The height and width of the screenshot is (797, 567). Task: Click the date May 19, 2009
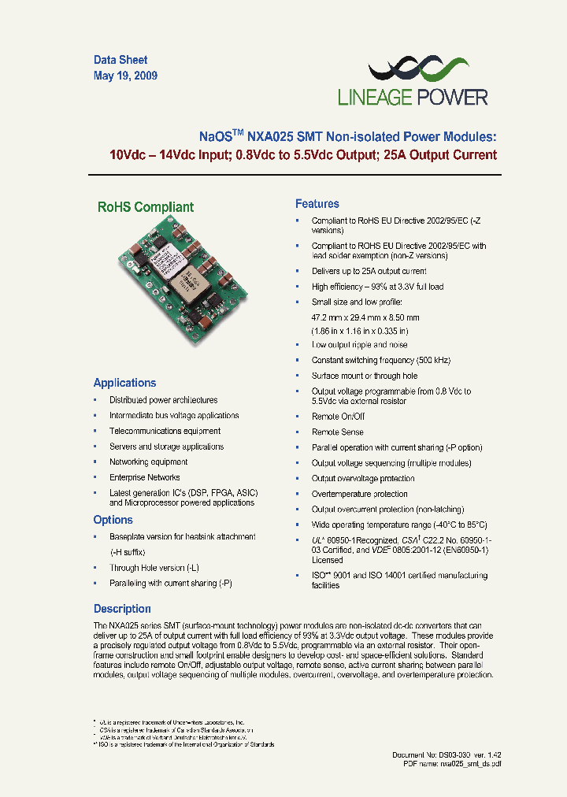point(125,76)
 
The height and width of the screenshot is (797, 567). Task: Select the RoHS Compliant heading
point(145,207)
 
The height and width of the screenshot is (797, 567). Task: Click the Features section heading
point(317,204)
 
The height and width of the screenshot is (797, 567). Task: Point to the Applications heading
point(124,383)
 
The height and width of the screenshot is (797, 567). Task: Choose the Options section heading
point(113,520)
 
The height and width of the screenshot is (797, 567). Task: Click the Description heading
point(122,609)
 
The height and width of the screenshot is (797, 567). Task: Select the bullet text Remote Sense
point(337,432)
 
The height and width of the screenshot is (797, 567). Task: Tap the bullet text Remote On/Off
point(338,417)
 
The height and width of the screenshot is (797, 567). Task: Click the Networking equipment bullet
point(148,462)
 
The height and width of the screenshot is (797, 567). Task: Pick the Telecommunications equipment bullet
point(165,431)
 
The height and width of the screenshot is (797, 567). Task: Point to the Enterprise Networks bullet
point(144,477)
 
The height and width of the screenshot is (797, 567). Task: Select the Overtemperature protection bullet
point(359,494)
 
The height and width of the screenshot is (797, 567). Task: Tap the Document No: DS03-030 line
point(447,755)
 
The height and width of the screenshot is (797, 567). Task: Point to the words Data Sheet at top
point(120,60)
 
